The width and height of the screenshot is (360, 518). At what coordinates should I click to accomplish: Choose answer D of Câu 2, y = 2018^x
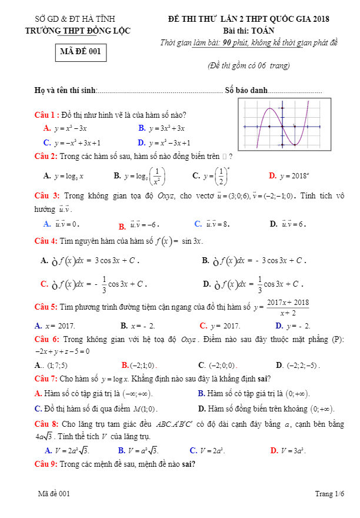[288, 175]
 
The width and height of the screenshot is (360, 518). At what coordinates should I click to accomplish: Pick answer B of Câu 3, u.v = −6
[139, 225]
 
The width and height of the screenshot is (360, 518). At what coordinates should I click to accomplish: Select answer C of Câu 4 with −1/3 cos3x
[93, 284]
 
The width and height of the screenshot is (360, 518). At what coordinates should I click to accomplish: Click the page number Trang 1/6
[329, 494]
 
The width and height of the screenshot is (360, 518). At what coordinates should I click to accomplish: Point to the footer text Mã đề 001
[54, 494]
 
